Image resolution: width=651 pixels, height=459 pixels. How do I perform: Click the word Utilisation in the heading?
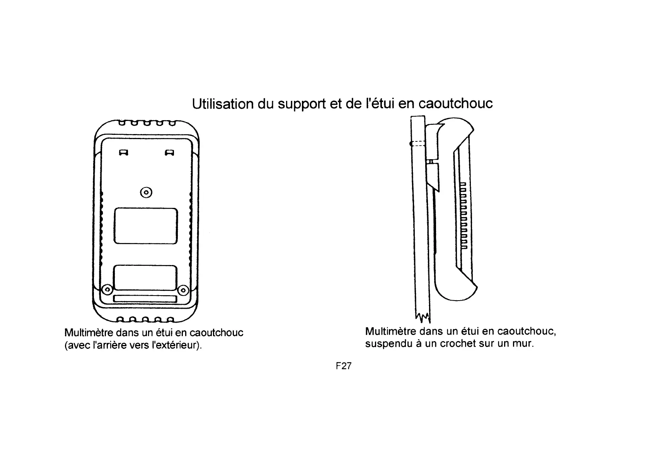pos(223,104)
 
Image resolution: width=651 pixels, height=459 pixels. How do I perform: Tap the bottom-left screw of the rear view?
pos(108,289)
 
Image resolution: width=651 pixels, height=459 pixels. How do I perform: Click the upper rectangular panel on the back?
pos(146,226)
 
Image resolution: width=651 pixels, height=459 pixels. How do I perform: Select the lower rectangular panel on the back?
pos(145,277)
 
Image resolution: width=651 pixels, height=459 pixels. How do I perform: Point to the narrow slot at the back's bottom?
pos(145,299)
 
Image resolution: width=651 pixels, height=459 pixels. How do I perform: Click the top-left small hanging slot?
pos(124,152)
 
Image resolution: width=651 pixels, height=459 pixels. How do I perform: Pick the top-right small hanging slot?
pos(169,152)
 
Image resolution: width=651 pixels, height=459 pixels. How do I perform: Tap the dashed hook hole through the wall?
pos(418,143)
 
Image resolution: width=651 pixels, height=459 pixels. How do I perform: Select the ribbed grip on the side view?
pos(463,216)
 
